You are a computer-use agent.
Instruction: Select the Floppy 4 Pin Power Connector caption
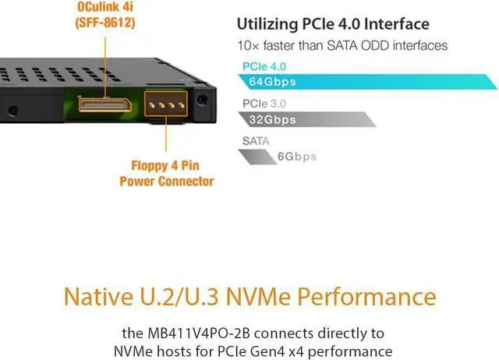coord(166,174)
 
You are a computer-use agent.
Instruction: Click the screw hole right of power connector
coord(204,100)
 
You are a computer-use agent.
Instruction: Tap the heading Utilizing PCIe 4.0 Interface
coord(333,24)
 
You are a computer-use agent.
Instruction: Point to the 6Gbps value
coord(297,156)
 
